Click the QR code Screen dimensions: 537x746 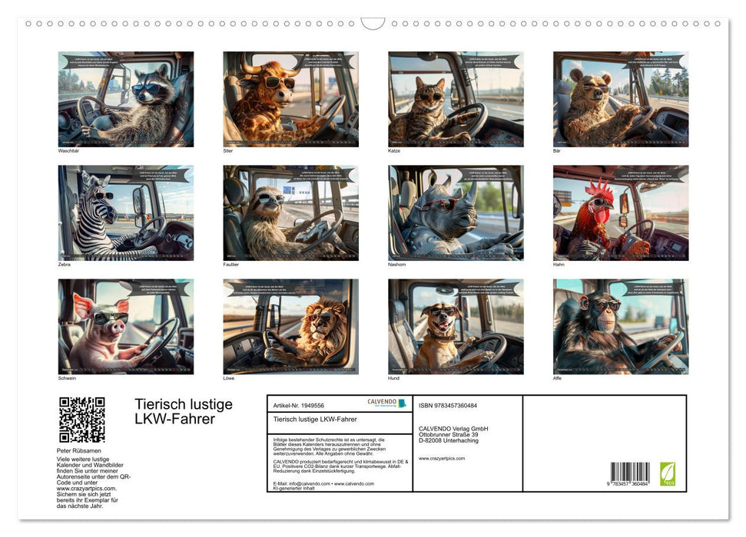(81, 420)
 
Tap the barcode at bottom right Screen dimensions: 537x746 (630, 473)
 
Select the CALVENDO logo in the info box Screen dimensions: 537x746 (382, 403)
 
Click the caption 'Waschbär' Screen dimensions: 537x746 (68, 151)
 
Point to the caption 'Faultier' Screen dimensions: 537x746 (231, 265)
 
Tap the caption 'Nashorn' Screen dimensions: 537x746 (397, 265)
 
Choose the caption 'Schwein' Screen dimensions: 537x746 (68, 378)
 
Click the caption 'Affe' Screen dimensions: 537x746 (558, 378)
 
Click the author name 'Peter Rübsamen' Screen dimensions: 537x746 (79, 450)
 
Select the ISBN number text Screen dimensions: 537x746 (448, 405)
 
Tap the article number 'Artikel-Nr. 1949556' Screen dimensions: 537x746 (300, 404)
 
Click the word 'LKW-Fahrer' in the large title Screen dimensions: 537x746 (174, 419)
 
